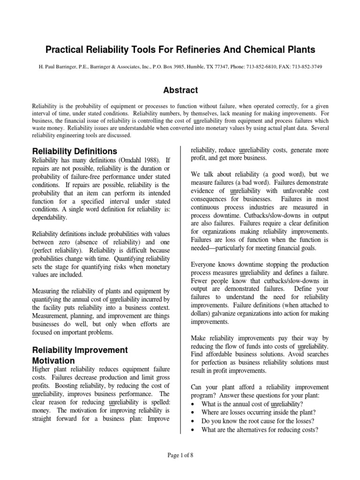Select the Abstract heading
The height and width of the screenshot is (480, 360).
[x=180, y=90]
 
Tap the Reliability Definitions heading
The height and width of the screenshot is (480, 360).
[x=74, y=151]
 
